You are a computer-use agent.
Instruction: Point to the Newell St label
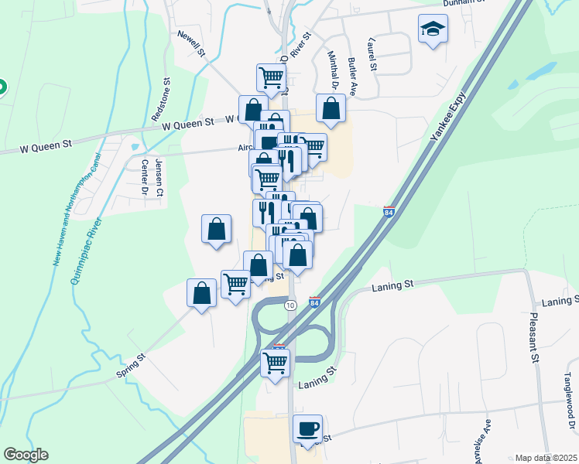click(x=190, y=45)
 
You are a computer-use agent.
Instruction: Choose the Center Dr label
click(x=144, y=177)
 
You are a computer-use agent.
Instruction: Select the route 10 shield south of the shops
click(x=289, y=305)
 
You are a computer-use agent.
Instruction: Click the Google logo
click(x=26, y=455)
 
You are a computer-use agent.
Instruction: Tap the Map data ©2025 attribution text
click(x=545, y=458)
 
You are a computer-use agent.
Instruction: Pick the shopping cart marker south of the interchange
click(x=276, y=362)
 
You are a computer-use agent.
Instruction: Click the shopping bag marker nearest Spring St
click(x=201, y=294)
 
